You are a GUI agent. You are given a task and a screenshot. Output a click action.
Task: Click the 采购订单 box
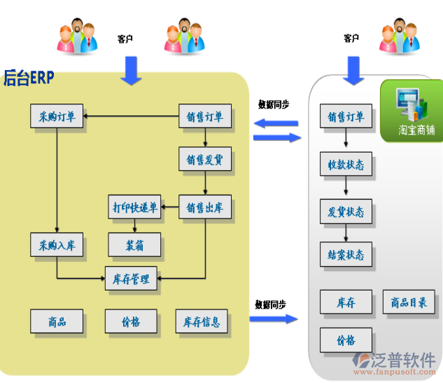(57, 117)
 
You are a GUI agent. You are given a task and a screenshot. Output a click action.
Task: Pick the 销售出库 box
(204, 207)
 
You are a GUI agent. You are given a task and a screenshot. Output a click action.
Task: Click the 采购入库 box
(57, 245)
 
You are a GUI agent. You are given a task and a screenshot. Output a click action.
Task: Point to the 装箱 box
(134, 245)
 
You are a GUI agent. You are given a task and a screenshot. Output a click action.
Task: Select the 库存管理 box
(131, 279)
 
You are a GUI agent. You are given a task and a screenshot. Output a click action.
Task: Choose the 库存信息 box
(202, 321)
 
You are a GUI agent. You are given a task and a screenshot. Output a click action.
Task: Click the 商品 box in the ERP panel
(57, 321)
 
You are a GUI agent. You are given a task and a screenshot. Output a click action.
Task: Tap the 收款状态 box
(346, 165)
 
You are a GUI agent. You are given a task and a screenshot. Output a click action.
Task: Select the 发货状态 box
(346, 211)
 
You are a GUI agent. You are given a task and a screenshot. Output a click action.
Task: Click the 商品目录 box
(409, 302)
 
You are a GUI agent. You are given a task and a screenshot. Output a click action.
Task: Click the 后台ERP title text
(29, 77)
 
